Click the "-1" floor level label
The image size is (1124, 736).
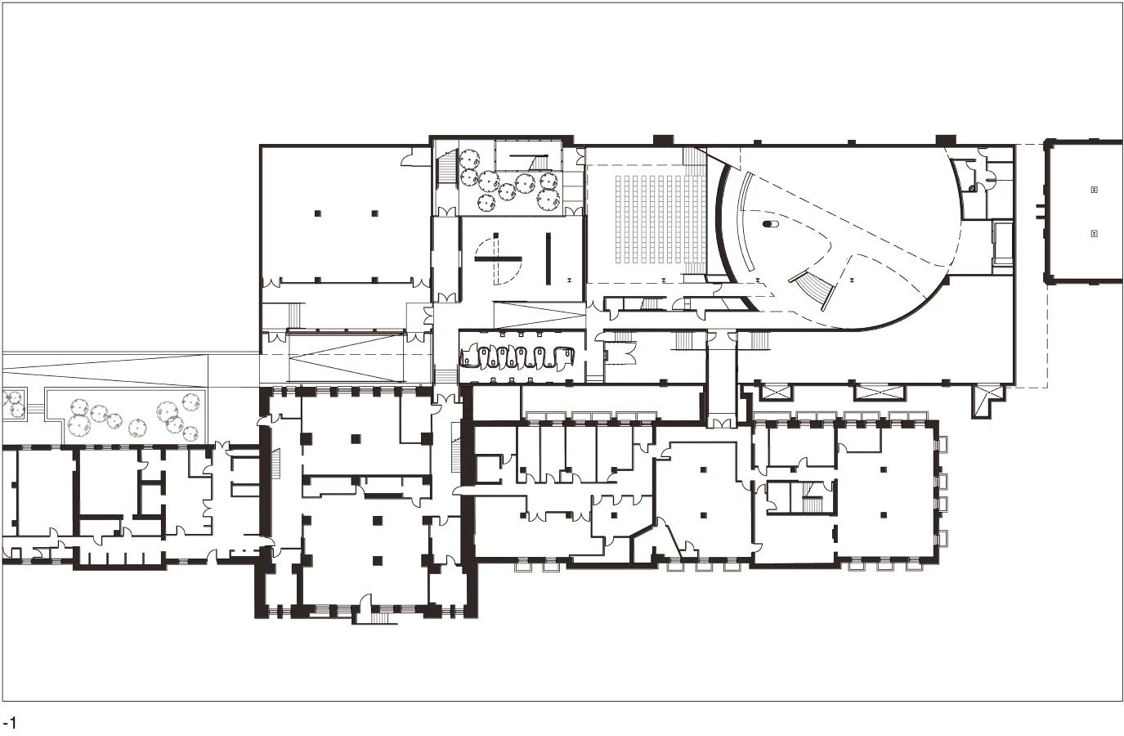(10, 724)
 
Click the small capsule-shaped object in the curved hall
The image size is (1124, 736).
(769, 224)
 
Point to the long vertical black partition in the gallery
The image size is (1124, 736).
(549, 258)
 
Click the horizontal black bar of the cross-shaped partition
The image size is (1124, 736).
(499, 259)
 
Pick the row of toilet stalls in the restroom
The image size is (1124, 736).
(517, 357)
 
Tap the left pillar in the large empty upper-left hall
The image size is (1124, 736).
(318, 213)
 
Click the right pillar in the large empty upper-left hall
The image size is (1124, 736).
(375, 213)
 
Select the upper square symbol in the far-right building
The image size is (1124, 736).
(1095, 190)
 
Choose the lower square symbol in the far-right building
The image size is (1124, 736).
(1095, 233)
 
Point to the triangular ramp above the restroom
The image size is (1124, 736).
(540, 316)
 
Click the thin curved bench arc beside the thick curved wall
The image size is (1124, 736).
(742, 220)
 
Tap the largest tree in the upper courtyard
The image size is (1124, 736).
(549, 198)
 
